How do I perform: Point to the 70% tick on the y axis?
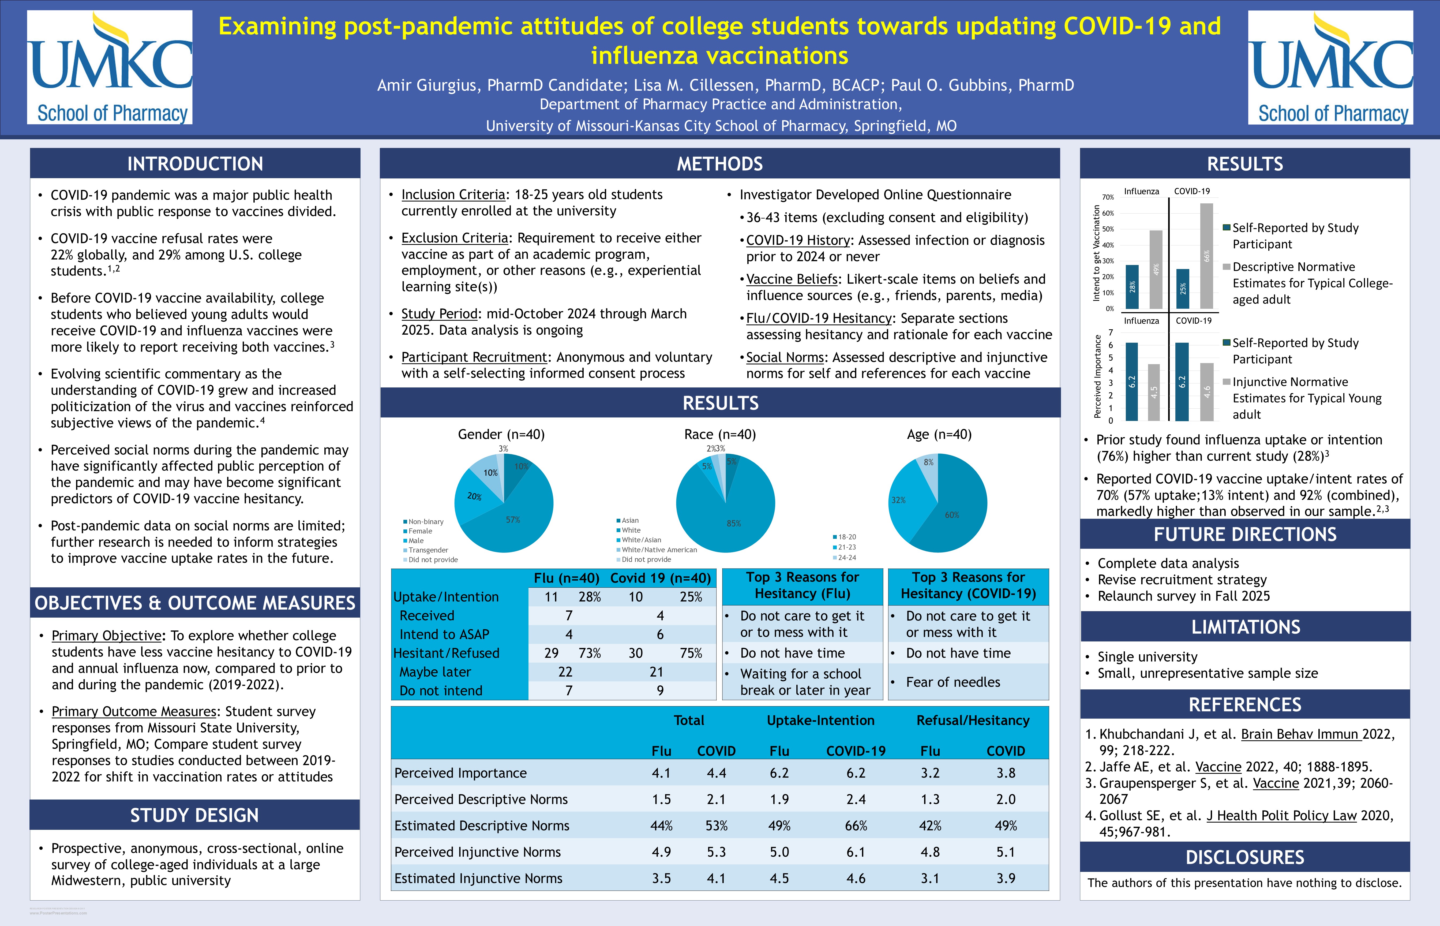pos(1108,197)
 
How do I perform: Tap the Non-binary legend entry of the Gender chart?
pos(425,521)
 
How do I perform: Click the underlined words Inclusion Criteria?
pos(453,195)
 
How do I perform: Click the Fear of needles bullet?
pos(952,682)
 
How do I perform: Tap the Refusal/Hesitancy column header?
pos(972,720)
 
